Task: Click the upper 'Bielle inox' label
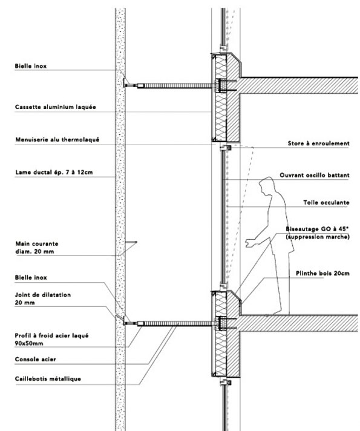coord(31,66)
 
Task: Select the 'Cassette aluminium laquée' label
coord(56,107)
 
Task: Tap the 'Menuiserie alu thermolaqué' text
coord(57,140)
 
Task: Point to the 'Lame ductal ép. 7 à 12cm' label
coord(54,173)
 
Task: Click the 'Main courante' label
coord(37,243)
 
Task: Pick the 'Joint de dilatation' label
coord(43,295)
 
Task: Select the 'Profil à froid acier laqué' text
coord(51,335)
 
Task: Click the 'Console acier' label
coord(36,359)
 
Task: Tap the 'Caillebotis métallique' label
coord(48,379)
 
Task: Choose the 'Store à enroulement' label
coord(318,143)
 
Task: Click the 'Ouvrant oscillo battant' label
coord(315,175)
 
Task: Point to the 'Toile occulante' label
coord(326,203)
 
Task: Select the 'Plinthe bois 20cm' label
coord(322,273)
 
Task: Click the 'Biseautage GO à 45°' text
coord(317,229)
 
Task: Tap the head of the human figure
coord(266,186)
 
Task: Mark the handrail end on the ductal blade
coord(136,242)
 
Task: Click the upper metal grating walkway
coord(178,86)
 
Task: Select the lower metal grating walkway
coord(178,324)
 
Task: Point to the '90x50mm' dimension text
coord(29,343)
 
